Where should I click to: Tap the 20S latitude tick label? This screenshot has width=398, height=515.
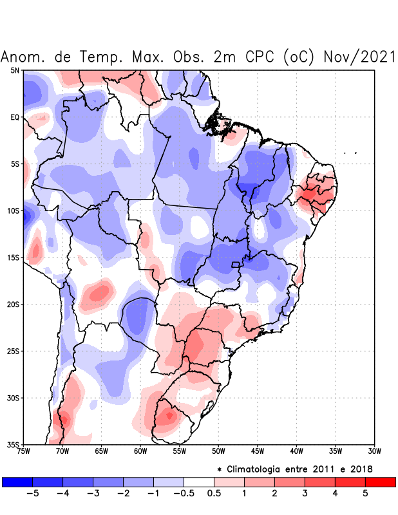click(14, 304)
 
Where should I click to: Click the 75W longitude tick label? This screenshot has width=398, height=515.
click(23, 451)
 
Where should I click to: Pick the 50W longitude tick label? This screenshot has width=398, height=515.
click(218, 451)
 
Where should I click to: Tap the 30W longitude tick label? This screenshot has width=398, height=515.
click(375, 451)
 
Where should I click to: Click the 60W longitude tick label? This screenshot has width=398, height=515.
click(140, 451)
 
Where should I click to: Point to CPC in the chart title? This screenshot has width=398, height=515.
click(260, 57)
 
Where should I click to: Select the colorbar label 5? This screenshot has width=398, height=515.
click(365, 494)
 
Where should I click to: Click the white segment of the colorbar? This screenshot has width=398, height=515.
click(199, 482)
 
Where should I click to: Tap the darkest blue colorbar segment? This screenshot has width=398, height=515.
click(17, 482)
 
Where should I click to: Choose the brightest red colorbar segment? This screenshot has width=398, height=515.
click(380, 482)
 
